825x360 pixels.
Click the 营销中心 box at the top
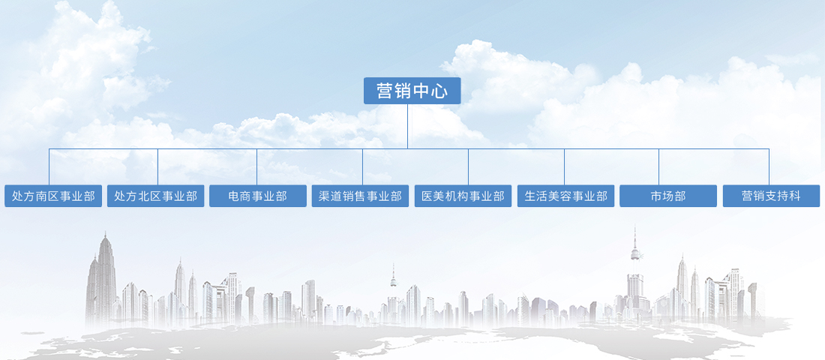click(412, 91)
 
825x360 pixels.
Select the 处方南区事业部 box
click(53, 196)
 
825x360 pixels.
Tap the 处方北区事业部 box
click(156, 196)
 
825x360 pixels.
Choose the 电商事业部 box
click(258, 196)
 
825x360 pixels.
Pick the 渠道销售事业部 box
click(360, 196)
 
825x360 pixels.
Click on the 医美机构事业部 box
click(463, 196)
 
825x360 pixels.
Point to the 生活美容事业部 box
click(565, 196)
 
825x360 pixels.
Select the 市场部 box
click(667, 196)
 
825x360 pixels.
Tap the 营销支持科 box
click(771, 196)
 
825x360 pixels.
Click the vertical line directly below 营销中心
click(407, 126)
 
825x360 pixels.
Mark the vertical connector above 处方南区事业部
click(49, 166)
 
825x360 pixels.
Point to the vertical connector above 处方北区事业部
click(157, 166)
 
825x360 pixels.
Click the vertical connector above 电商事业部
click(256, 166)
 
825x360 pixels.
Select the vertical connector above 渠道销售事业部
click(362, 166)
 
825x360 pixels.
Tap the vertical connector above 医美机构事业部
click(468, 166)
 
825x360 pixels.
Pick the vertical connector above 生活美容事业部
click(564, 166)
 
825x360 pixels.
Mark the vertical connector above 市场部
click(658, 166)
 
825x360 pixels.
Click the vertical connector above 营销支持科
click(769, 166)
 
